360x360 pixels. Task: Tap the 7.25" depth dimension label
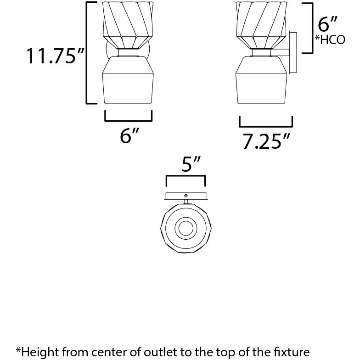[266, 142]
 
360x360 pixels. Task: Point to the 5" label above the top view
[186, 163]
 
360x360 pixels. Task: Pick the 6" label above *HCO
[327, 23]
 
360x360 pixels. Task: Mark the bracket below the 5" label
[186, 180]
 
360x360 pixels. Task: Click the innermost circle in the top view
[186, 228]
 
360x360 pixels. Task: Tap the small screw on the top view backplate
[186, 196]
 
